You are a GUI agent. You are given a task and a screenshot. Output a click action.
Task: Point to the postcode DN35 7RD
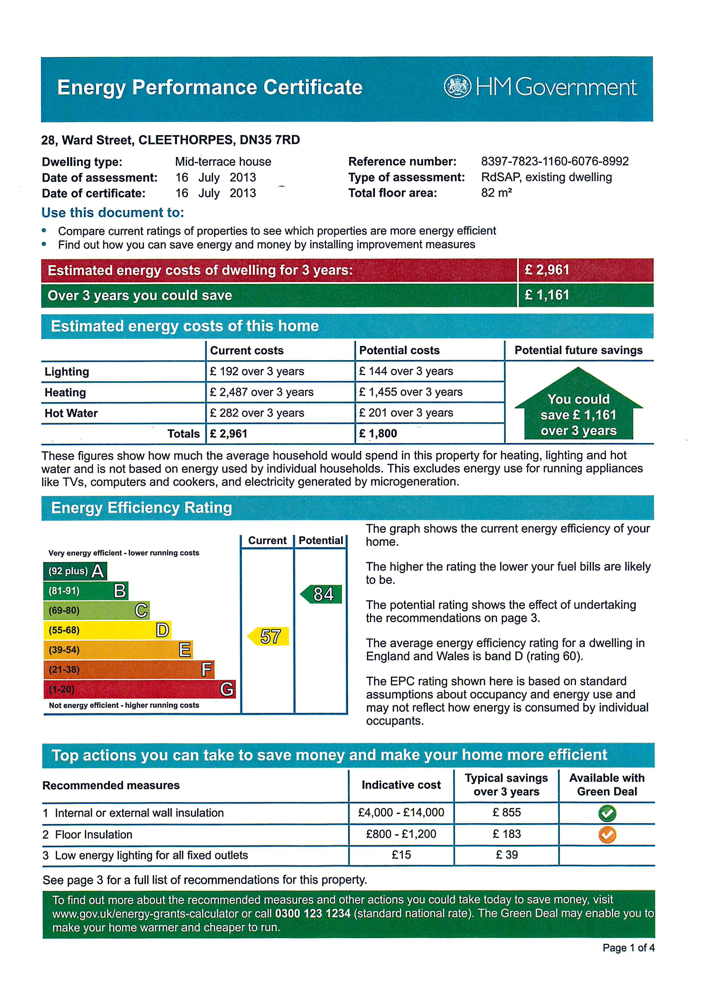270,140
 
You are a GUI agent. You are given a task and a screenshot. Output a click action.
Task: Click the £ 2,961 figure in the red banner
547,270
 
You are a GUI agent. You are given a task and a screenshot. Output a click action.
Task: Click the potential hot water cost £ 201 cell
406,413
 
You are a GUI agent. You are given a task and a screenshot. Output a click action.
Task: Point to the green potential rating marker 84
322,594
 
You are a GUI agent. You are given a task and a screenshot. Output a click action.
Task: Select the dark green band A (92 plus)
75,571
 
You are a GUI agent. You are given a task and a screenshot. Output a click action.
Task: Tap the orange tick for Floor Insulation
607,835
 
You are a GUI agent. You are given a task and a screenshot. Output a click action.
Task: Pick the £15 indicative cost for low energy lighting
401,855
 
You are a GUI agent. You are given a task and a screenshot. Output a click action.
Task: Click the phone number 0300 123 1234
313,913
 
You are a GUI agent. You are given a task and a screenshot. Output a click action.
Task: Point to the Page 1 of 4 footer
628,948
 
